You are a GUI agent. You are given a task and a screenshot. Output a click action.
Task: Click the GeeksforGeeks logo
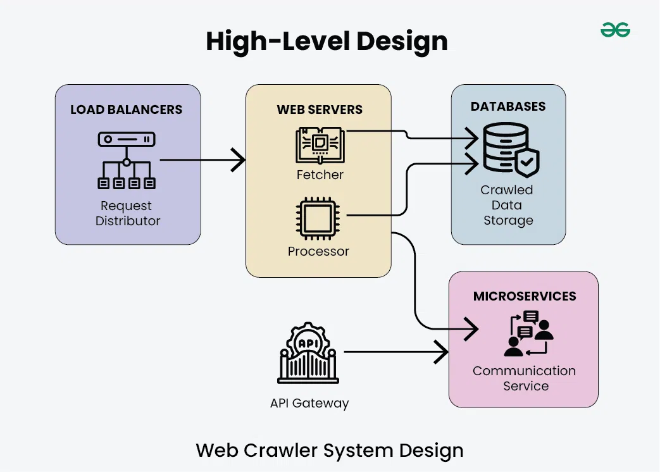coord(615,30)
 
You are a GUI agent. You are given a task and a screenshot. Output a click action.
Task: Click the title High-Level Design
coord(327,42)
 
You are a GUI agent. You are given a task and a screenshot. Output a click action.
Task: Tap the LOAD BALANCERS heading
coord(126,109)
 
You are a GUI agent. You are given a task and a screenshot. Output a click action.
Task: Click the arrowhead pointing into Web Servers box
coord(238,159)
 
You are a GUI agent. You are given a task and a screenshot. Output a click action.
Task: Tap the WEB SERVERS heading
coord(320,109)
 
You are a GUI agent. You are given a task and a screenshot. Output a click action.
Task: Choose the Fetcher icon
coord(320,145)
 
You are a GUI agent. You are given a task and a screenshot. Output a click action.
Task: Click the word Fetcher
coord(320,175)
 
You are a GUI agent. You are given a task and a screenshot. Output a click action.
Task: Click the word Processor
coord(318,251)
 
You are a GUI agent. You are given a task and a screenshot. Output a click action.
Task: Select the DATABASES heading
coord(508,106)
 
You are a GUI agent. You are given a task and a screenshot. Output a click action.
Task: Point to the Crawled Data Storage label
coord(507,205)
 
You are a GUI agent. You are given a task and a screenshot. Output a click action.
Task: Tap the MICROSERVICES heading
coord(525,296)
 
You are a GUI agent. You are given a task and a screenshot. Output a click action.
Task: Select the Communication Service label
coord(525,378)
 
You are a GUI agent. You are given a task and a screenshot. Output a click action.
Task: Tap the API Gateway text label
coord(309,403)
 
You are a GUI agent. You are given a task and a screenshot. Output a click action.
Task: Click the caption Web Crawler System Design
coord(330,450)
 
